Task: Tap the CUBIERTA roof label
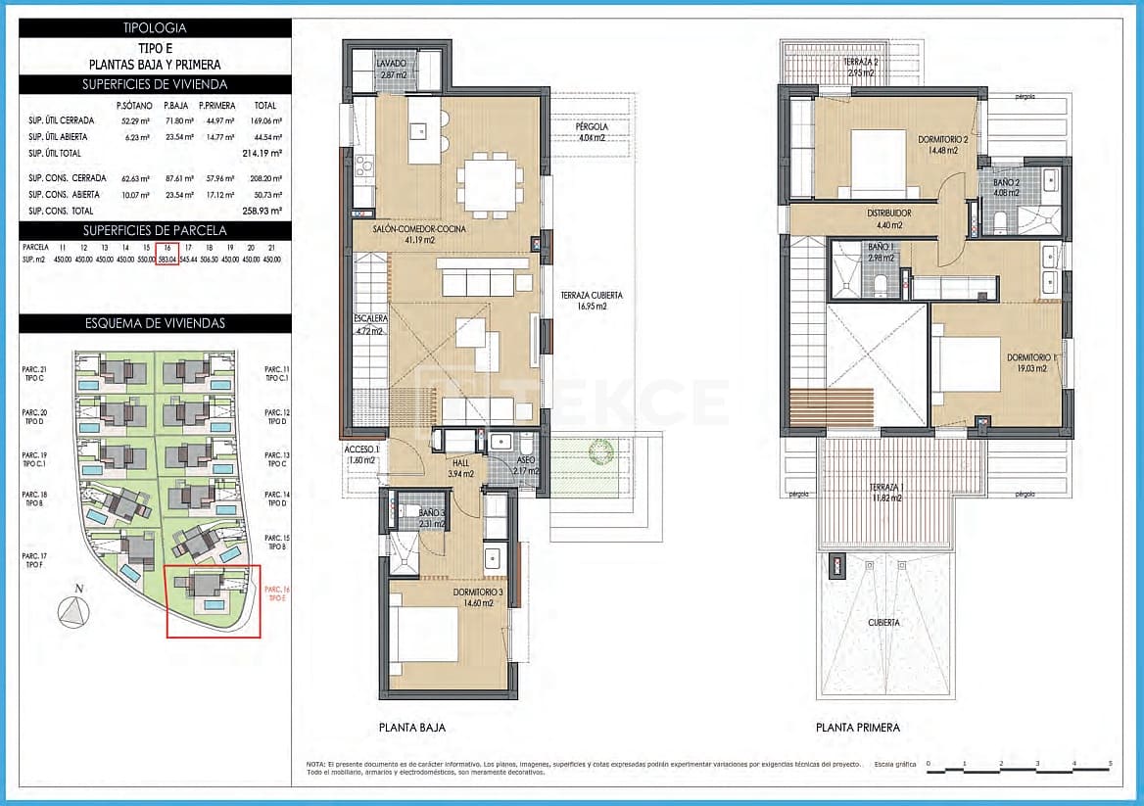(x=884, y=622)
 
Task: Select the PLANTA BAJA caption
(x=412, y=728)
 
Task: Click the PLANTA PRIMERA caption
(x=857, y=728)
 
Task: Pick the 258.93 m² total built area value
(x=262, y=211)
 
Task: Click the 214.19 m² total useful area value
(x=262, y=154)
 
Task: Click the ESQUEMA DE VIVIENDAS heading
(x=155, y=323)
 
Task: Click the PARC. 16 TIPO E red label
(x=277, y=593)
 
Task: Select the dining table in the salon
(x=488, y=183)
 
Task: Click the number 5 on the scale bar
(x=1110, y=763)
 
